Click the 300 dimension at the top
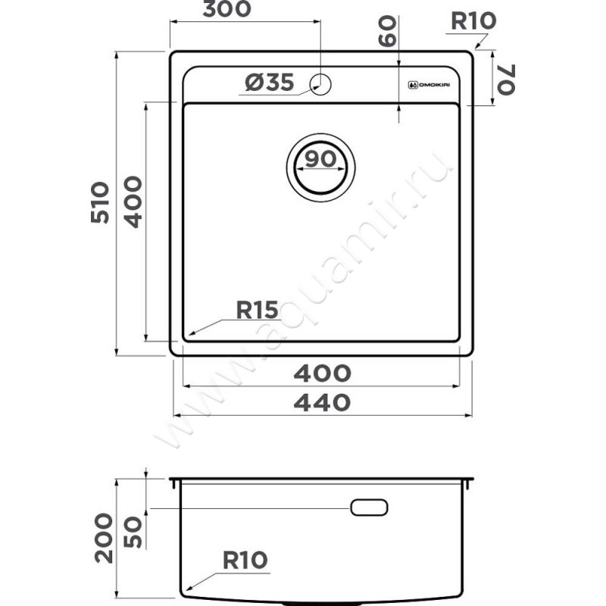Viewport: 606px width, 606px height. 226,9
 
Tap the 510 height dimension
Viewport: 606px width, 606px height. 100,202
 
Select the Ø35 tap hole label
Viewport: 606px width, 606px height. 270,83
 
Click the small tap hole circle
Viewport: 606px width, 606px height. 320,84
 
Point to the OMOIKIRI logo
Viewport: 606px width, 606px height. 429,85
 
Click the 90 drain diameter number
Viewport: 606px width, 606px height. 320,159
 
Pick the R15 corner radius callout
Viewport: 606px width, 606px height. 257,310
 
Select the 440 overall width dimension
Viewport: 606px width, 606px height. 323,402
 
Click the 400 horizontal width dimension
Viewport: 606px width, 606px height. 323,373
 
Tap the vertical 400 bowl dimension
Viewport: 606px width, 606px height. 133,201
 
